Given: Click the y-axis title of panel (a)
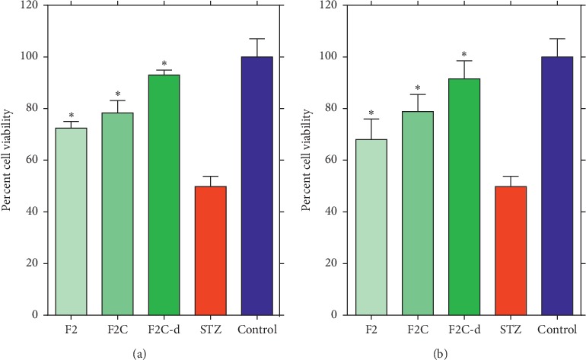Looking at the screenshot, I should pyautogui.click(x=10, y=160).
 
